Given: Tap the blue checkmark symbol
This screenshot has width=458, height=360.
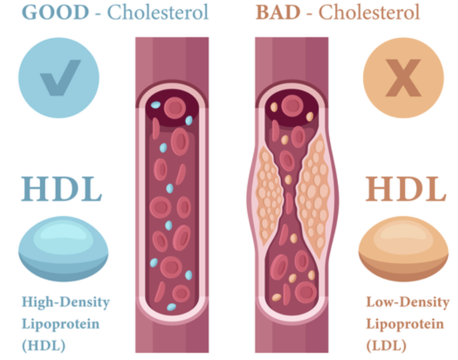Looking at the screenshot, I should pos(60,77).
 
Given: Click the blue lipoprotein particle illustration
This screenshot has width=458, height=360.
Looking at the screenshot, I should pos(63,249).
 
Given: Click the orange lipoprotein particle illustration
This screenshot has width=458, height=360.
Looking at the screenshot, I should pos(403,249).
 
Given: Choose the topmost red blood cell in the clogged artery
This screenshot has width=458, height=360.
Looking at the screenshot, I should pos(293,106).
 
